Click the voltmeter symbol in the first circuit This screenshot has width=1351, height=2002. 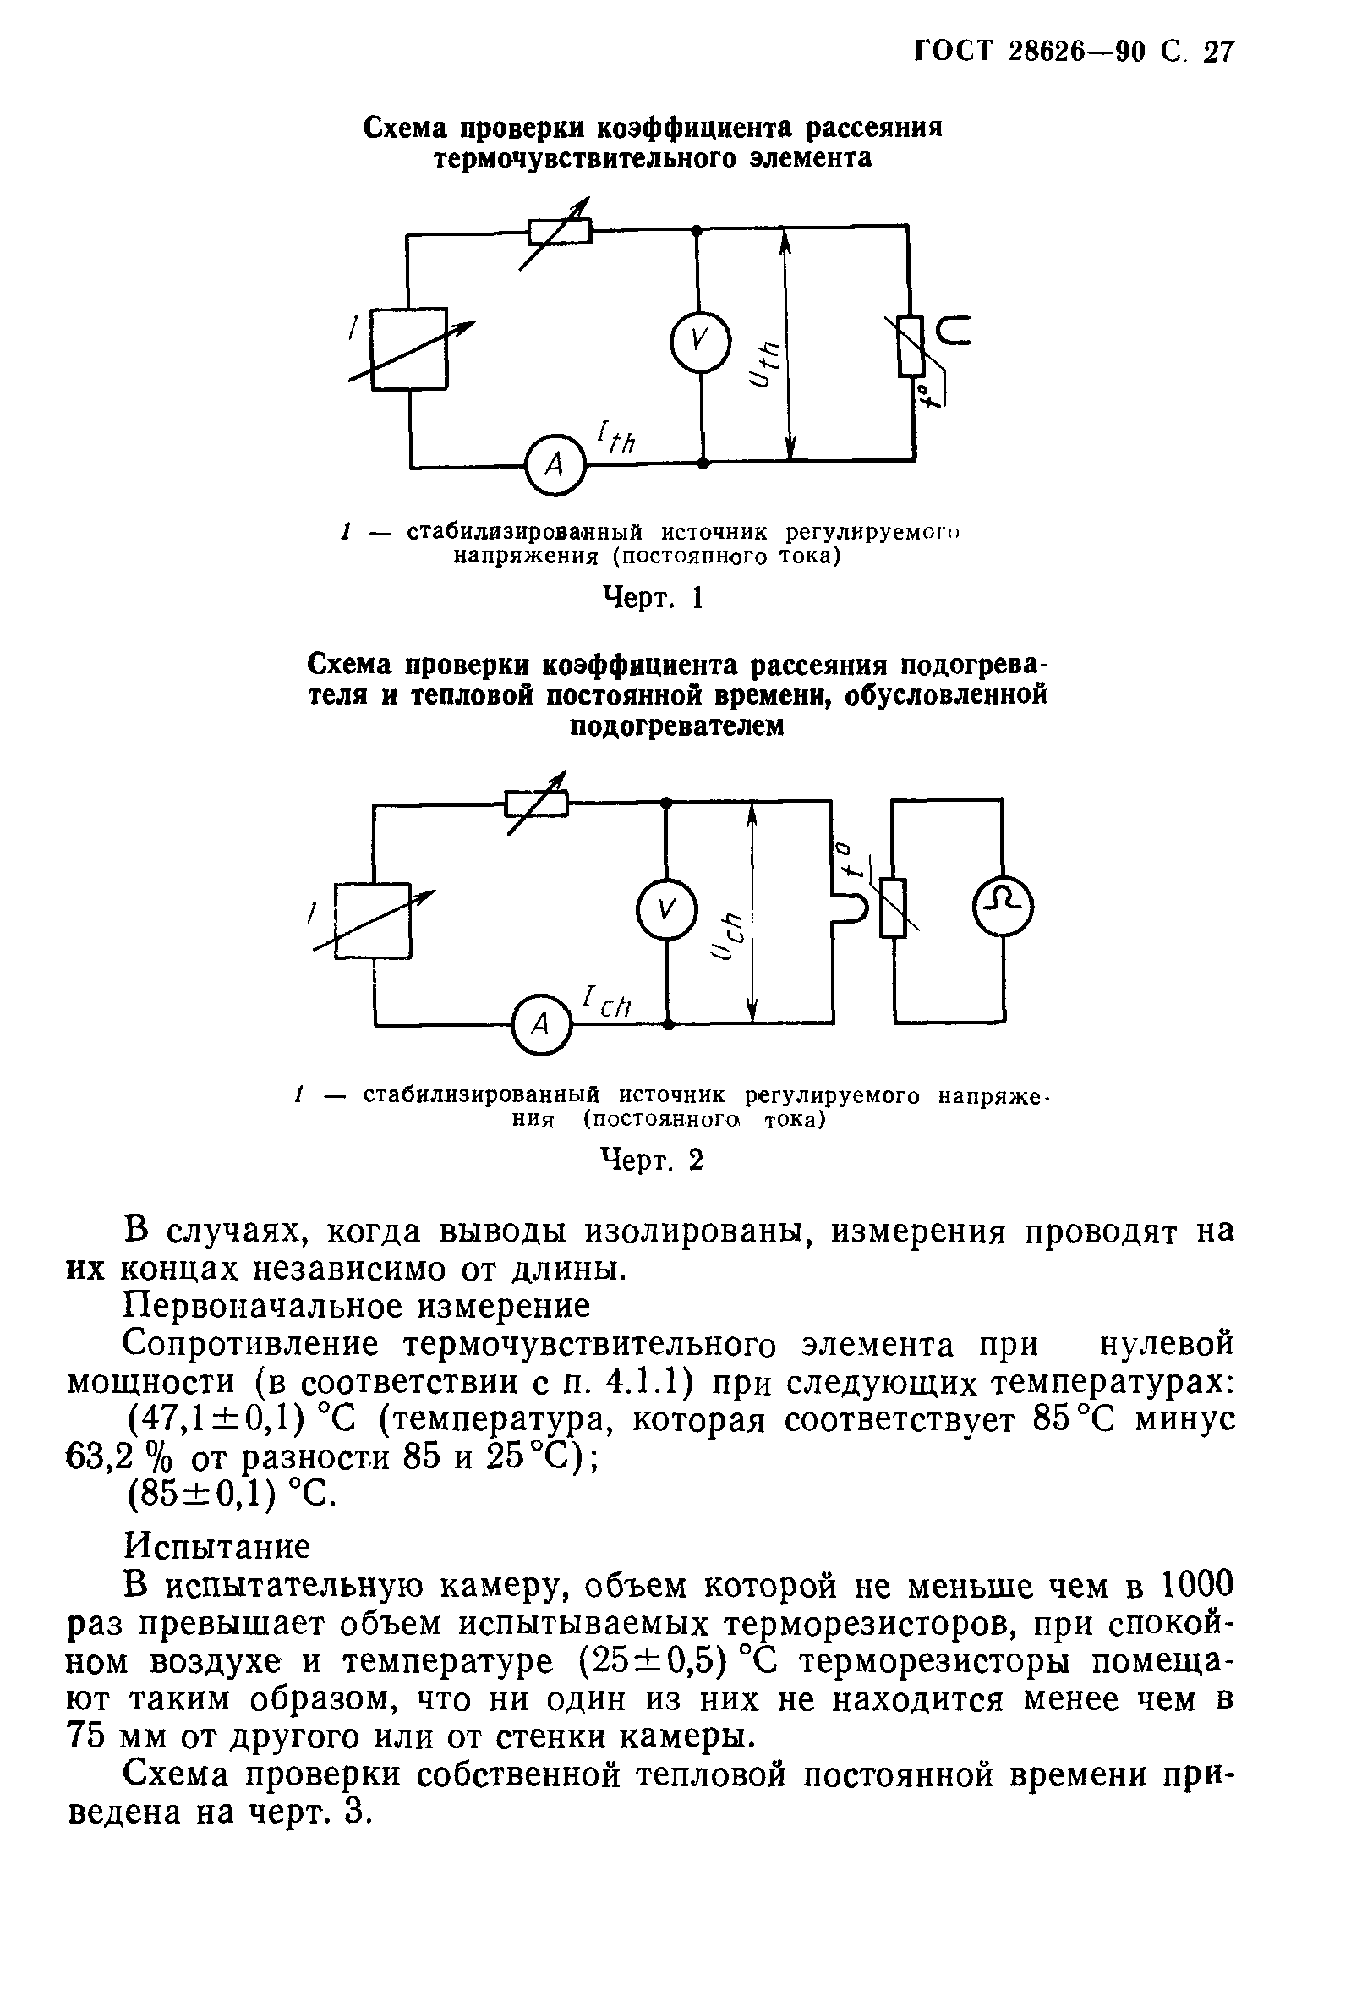point(699,340)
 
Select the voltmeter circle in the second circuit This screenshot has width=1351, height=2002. point(665,907)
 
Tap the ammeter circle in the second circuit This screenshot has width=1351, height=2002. point(541,1023)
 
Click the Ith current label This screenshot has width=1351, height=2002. point(615,436)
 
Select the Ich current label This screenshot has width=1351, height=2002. point(607,1002)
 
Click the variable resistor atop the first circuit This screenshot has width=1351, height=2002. point(560,231)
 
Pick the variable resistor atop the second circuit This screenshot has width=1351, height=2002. point(537,803)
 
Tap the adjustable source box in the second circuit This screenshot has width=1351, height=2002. point(374,920)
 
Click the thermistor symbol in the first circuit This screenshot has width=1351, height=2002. point(911,346)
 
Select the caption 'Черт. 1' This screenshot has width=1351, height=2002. point(652,597)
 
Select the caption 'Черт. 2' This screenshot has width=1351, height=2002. point(651,1160)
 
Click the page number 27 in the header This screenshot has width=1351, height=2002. point(1217,52)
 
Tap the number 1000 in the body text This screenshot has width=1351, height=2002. point(1195,1583)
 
